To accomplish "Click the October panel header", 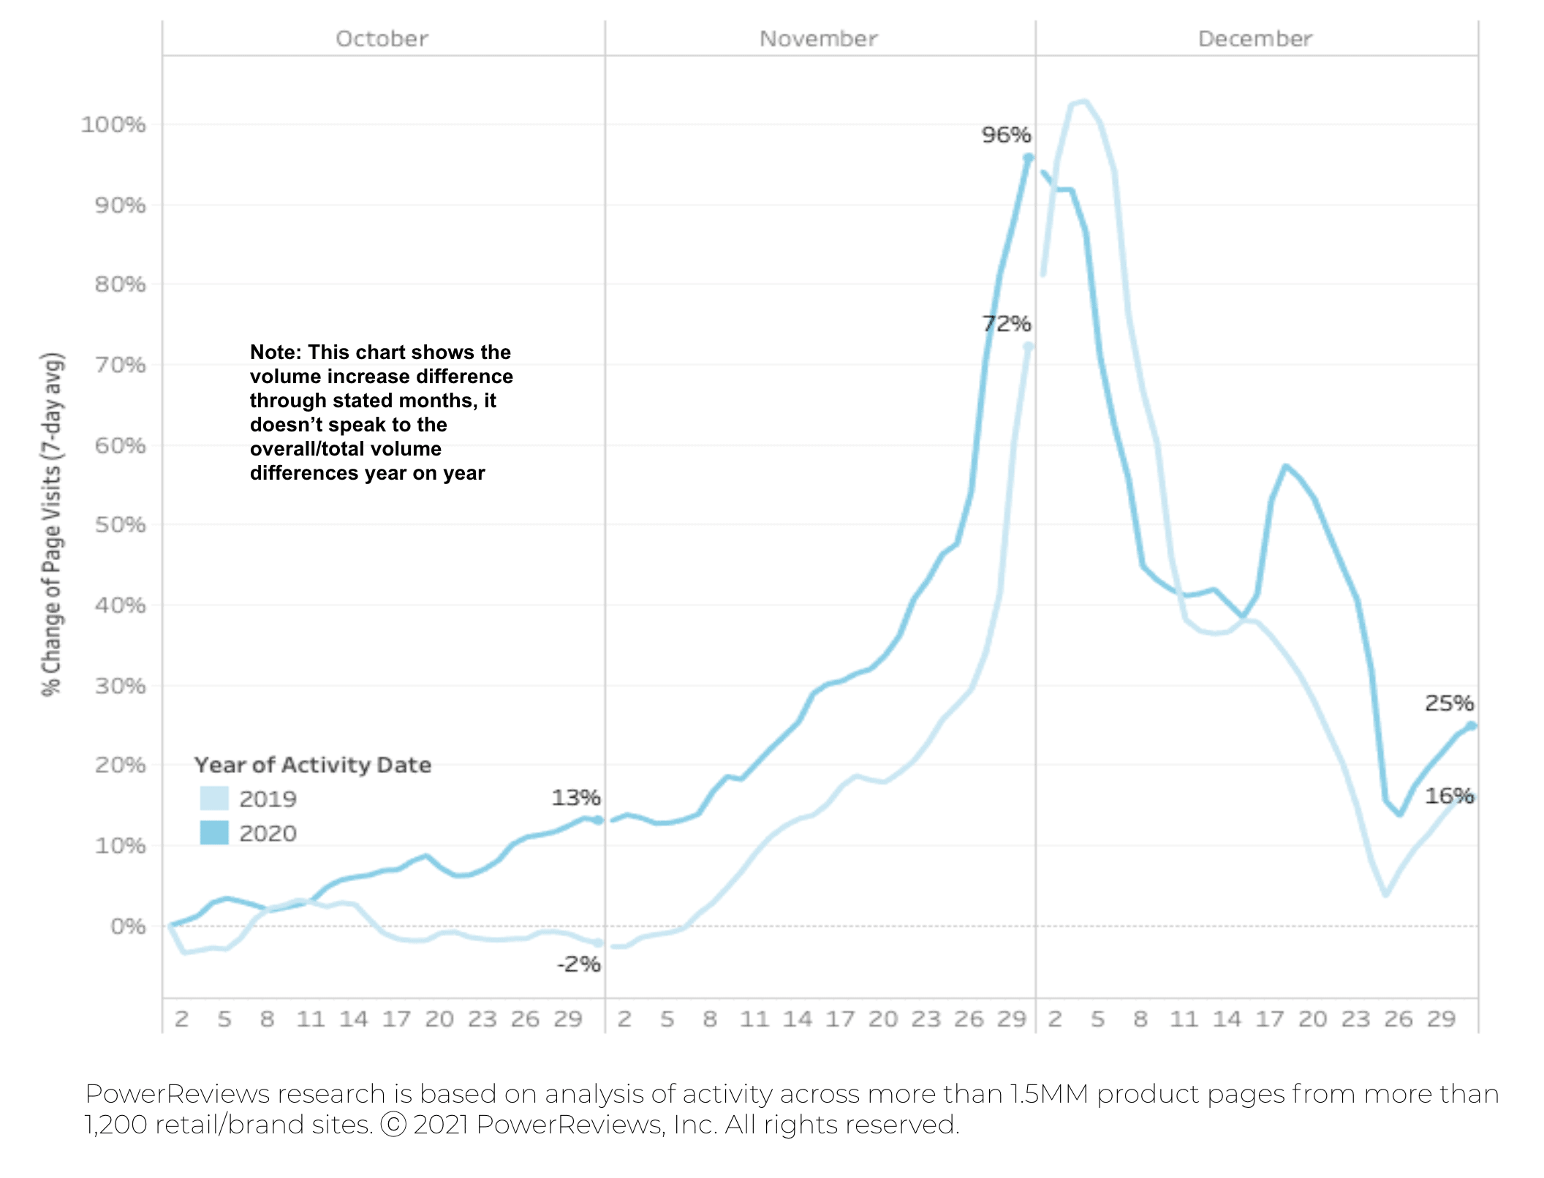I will tap(382, 39).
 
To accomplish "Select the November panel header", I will tap(818, 39).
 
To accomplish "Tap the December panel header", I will tap(1254, 39).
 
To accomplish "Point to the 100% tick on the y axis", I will tap(113, 125).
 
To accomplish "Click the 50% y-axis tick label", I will tap(120, 525).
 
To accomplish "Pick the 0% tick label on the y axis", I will tap(128, 926).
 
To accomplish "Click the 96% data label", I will tap(1006, 135).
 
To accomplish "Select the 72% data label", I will tap(1006, 323).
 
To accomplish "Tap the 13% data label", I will tap(575, 798).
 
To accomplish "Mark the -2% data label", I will tap(578, 964).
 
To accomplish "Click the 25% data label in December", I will tap(1448, 703).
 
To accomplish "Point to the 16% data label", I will tap(1448, 796).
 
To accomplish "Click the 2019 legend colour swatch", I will tap(214, 798).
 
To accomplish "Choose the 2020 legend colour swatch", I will tap(214, 833).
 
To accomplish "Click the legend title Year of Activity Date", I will tap(312, 765).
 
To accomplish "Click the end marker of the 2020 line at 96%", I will tap(1028, 158).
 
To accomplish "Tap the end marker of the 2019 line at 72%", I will tap(1028, 347).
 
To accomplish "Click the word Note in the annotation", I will tap(275, 352).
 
